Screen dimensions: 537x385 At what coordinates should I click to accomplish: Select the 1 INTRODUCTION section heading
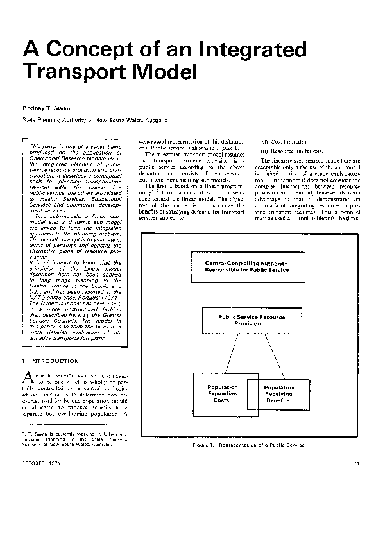[x=51, y=361]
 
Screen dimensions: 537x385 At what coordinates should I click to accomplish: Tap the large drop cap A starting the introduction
[x=28, y=377]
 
